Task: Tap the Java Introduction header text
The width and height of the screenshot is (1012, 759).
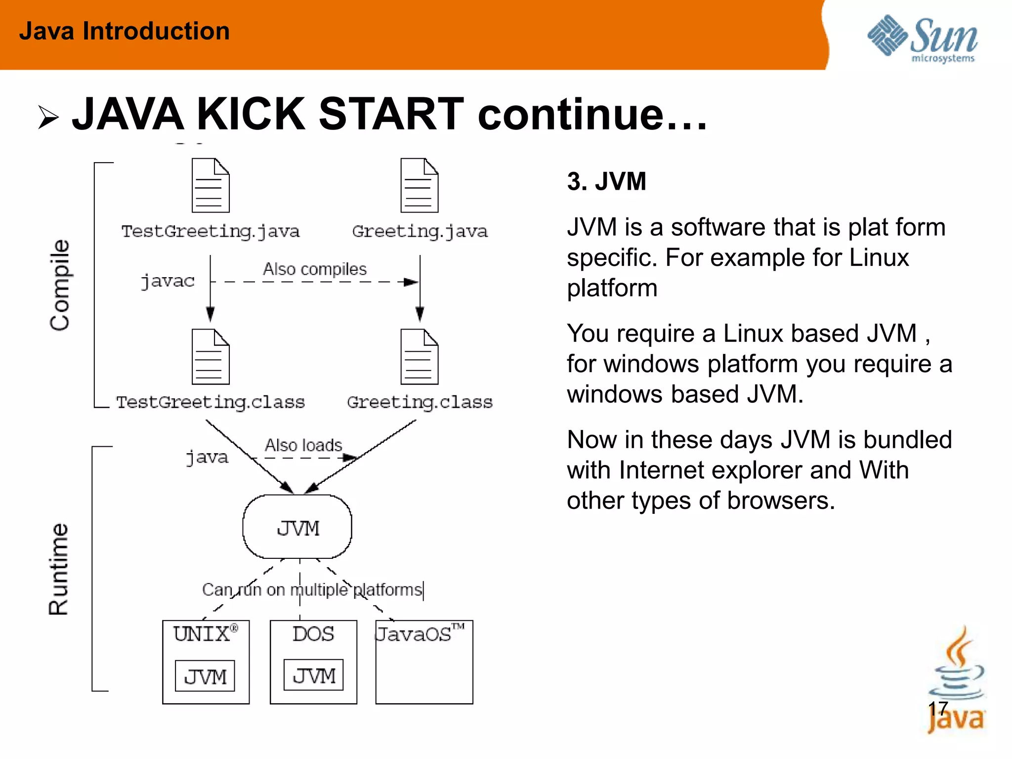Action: tap(125, 31)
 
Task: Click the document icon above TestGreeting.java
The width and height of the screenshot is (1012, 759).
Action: tap(211, 185)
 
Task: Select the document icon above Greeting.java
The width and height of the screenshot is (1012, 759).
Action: tap(419, 185)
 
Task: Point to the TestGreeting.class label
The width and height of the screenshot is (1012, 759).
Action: tap(211, 402)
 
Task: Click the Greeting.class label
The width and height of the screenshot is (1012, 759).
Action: tap(420, 402)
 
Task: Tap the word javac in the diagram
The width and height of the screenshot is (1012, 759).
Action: tap(168, 281)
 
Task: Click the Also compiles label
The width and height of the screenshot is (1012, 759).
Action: tap(315, 269)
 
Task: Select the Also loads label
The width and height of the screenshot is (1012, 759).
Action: tap(303, 445)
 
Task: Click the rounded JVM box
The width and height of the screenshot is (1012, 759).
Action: tap(297, 527)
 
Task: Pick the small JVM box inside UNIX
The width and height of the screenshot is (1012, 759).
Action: tap(205, 676)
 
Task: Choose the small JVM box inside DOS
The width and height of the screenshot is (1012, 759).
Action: tap(313, 675)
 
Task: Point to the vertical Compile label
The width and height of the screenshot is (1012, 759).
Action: tap(60, 285)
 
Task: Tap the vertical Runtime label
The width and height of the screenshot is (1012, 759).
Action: tap(59, 569)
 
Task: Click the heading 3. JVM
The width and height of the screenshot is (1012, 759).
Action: tap(606, 181)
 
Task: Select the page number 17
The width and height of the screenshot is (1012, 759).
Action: tap(937, 709)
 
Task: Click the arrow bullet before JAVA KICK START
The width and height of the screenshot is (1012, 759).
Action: tap(48, 118)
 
